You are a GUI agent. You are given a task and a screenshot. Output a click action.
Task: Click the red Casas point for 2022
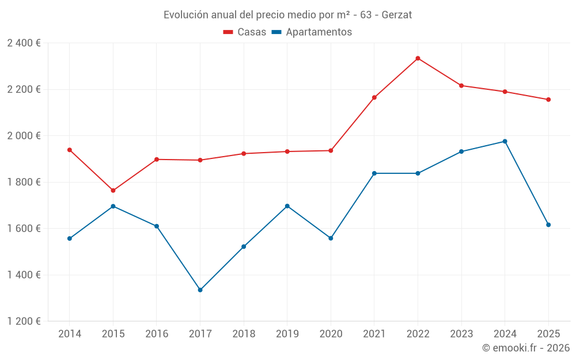(x=418, y=58)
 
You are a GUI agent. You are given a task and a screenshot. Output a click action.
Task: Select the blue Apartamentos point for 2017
(x=200, y=290)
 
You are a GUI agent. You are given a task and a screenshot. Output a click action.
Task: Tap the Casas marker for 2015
(x=113, y=191)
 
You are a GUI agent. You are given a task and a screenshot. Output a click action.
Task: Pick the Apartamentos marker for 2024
(x=505, y=141)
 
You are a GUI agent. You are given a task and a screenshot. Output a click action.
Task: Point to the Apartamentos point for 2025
(x=548, y=225)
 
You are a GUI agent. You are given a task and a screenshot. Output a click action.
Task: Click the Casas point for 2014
(x=70, y=150)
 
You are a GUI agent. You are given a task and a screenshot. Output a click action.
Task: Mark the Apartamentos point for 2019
(x=287, y=206)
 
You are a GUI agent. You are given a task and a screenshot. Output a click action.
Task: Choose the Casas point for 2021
(x=374, y=97)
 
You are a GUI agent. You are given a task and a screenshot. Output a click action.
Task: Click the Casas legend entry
(x=245, y=32)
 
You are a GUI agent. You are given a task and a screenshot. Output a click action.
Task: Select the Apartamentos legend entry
(x=312, y=32)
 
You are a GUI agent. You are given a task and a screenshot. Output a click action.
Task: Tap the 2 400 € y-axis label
(x=24, y=43)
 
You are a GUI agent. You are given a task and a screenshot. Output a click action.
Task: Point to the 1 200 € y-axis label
(x=24, y=321)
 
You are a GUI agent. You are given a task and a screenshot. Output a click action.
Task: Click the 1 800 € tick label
(x=24, y=182)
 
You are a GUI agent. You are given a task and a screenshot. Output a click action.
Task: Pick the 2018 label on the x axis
(x=244, y=334)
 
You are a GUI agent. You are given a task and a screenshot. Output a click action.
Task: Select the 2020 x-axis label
(x=331, y=334)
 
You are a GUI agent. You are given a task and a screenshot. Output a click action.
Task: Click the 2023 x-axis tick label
(x=461, y=334)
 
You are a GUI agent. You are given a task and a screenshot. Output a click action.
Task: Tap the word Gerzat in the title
(x=397, y=15)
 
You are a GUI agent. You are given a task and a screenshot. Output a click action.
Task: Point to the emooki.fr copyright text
(x=526, y=348)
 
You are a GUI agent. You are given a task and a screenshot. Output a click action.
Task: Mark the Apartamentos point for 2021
(x=374, y=173)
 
